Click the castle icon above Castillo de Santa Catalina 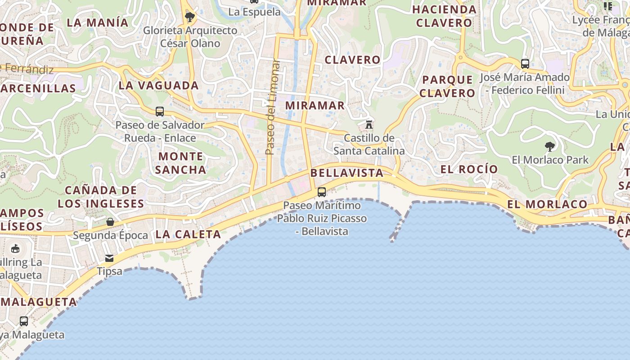[x=369, y=124]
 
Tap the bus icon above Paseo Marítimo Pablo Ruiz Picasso [x=322, y=192]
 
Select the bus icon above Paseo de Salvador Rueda [x=160, y=112]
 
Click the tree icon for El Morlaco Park [x=549, y=146]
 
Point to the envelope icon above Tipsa [x=109, y=258]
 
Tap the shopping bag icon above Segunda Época [x=110, y=222]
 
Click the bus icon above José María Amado [x=525, y=63]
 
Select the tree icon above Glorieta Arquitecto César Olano [x=190, y=17]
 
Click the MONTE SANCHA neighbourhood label [x=180, y=163]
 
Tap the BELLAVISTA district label [x=347, y=173]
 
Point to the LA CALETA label [x=188, y=234]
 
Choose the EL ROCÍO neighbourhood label [x=469, y=169]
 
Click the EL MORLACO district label [x=547, y=204]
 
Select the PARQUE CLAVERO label [x=448, y=86]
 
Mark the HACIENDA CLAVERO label [x=444, y=16]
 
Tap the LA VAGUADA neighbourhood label [x=158, y=85]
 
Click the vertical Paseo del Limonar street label [x=270, y=107]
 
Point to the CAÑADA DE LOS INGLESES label [x=101, y=197]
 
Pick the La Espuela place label [x=255, y=12]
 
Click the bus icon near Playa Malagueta [x=24, y=321]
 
